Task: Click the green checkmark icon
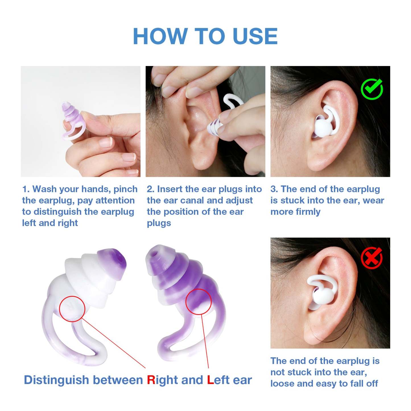click(x=372, y=89)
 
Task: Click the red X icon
click(x=371, y=258)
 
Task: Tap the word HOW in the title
click(x=160, y=36)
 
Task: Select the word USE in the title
click(x=255, y=36)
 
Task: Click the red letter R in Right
click(x=151, y=380)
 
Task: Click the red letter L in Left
click(x=210, y=380)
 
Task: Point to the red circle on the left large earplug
click(x=72, y=309)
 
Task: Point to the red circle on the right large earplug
click(x=198, y=301)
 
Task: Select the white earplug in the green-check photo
click(x=326, y=125)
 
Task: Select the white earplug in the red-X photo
click(x=324, y=293)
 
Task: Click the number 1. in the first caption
click(x=26, y=189)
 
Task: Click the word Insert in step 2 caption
click(x=170, y=189)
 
